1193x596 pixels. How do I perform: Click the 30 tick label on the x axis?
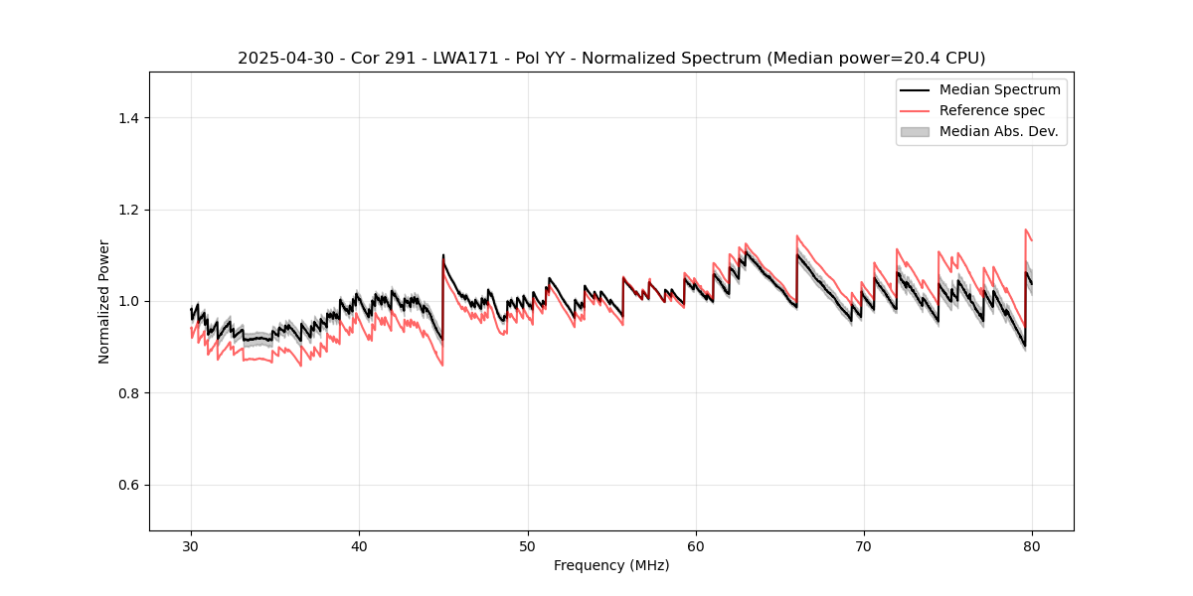tap(191, 546)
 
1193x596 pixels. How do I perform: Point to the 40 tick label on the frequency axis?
tap(359, 546)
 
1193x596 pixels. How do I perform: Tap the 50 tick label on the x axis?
tap(527, 546)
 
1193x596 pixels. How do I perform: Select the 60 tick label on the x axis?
tap(696, 546)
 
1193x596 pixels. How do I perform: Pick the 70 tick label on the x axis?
tap(864, 546)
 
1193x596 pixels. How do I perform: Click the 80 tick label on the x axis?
tap(1032, 546)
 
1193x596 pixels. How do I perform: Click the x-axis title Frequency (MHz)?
tap(611, 565)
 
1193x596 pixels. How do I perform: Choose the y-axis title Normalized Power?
tap(104, 301)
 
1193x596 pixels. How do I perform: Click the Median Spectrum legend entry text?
tap(999, 89)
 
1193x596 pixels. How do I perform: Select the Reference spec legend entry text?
tap(992, 110)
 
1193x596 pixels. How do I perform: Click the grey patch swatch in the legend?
tap(915, 131)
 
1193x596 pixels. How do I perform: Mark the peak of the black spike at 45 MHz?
tap(443, 255)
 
